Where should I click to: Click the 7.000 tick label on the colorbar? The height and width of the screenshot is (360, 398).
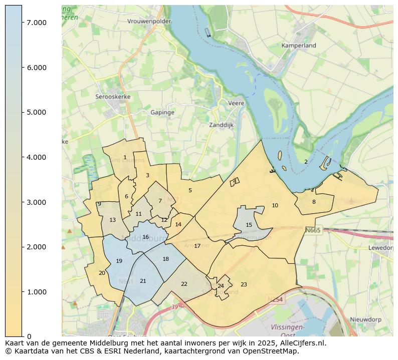pyautogui.click(x=37, y=23)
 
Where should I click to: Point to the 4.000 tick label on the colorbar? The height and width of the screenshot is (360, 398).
pyautogui.click(x=37, y=157)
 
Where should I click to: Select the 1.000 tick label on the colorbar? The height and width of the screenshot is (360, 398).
pyautogui.click(x=37, y=292)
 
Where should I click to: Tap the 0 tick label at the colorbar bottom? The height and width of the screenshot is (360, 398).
pyautogui.click(x=29, y=336)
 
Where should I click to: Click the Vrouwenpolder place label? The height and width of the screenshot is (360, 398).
pyautogui.click(x=149, y=22)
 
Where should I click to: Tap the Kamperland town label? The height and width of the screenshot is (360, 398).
pyautogui.click(x=299, y=46)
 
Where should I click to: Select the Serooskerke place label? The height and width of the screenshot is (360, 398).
pyautogui.click(x=113, y=97)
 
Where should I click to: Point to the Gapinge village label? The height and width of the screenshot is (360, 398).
pyautogui.click(x=162, y=113)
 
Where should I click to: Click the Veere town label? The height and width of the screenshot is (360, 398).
pyautogui.click(x=236, y=103)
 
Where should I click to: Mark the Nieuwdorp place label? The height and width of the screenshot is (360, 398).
pyautogui.click(x=365, y=319)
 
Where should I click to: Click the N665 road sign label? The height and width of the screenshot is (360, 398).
pyautogui.click(x=313, y=230)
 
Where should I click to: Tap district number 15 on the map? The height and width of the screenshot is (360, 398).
pyautogui.click(x=249, y=225)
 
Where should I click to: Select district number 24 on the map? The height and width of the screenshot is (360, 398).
pyautogui.click(x=221, y=286)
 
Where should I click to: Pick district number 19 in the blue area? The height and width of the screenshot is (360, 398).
pyautogui.click(x=119, y=261)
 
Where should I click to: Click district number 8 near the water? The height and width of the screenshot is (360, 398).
pyautogui.click(x=314, y=202)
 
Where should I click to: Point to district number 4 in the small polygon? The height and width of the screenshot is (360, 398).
pyautogui.click(x=235, y=181)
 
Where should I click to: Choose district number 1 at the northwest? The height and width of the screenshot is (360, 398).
pyautogui.click(x=125, y=157)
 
